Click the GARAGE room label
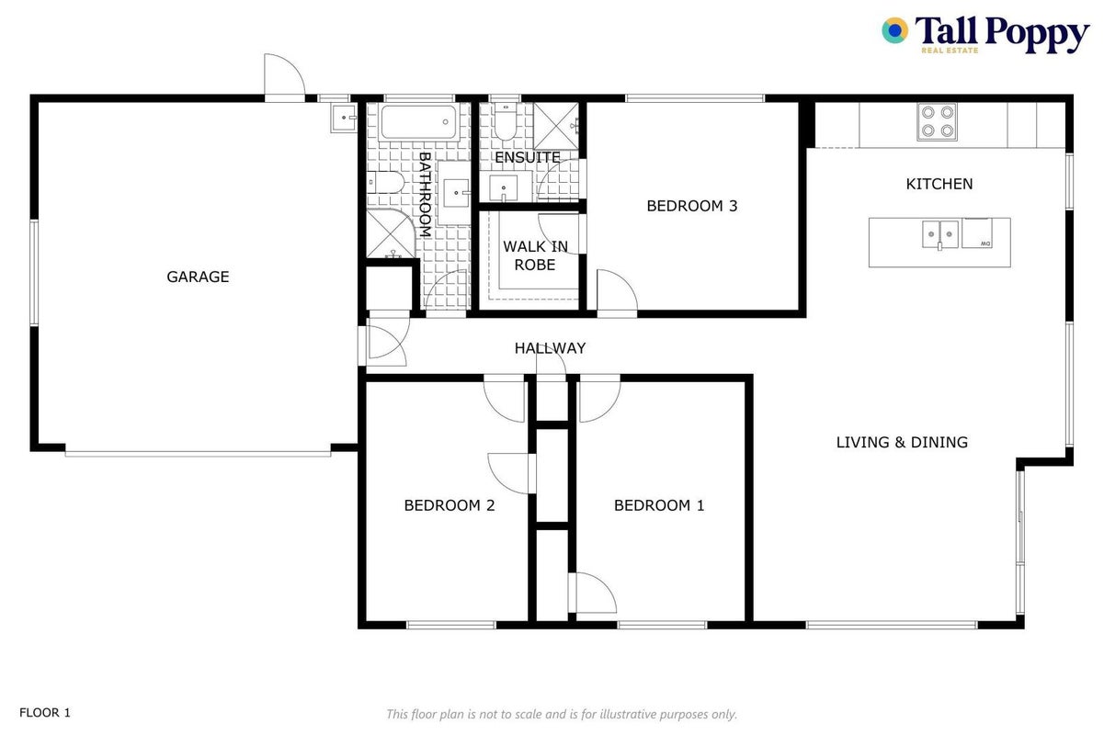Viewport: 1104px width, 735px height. [x=198, y=277]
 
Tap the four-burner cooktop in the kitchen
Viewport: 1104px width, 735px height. [x=938, y=121]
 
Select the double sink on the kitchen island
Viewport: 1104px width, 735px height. [x=940, y=235]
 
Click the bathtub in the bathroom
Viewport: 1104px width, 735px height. [x=419, y=122]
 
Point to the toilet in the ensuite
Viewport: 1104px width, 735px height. [x=506, y=121]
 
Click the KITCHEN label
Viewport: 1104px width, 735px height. [x=939, y=185]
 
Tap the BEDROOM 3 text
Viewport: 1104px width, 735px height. [x=692, y=206]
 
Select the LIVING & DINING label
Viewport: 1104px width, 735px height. [x=902, y=443]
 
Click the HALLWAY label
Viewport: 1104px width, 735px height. [x=550, y=348]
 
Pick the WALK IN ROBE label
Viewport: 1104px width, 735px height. [x=535, y=255]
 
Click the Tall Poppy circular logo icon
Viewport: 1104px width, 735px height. [x=895, y=30]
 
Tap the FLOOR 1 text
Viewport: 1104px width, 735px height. [x=45, y=713]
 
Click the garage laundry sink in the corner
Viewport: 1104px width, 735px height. [x=344, y=119]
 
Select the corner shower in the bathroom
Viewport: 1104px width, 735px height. [x=391, y=233]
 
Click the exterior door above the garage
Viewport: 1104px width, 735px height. [x=284, y=77]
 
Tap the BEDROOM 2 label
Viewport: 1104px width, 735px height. [x=449, y=505]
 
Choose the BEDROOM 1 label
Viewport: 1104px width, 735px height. [x=659, y=505]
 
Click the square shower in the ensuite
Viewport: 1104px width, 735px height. [x=556, y=126]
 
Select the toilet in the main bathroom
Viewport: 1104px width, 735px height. [x=385, y=182]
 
